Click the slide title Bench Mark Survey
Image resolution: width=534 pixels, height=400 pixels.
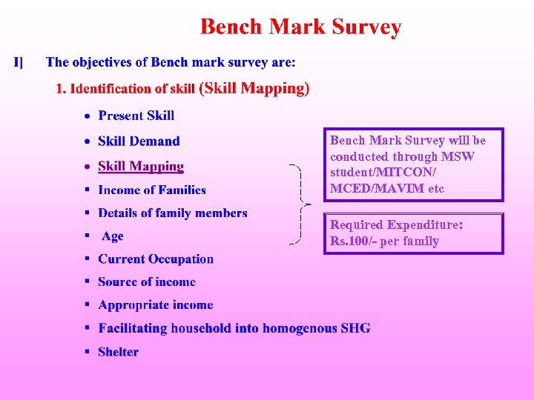pos(300,28)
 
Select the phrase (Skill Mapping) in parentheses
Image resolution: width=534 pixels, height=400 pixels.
pos(254,88)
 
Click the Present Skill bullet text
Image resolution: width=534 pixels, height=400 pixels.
pos(136,115)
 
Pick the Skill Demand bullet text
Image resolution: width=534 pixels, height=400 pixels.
pos(139,141)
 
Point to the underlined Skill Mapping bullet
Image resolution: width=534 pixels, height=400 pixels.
pos(141,167)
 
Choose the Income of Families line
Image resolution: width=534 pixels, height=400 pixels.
pos(152,190)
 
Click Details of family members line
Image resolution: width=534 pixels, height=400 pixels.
pos(173,213)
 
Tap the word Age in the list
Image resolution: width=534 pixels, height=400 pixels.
pos(113,236)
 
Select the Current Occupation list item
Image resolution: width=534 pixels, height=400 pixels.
pos(156,259)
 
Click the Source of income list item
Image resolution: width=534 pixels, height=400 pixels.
pos(147,282)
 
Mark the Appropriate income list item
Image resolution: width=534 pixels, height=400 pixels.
pos(156,305)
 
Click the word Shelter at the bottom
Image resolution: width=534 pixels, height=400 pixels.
pos(119,352)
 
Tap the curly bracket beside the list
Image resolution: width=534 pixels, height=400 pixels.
pos(298,203)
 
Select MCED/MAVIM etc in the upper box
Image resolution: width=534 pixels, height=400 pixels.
pos(387,189)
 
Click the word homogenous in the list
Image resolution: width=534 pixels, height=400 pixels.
pos(300,328)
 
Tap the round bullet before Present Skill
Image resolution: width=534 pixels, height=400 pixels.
pos(88,116)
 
